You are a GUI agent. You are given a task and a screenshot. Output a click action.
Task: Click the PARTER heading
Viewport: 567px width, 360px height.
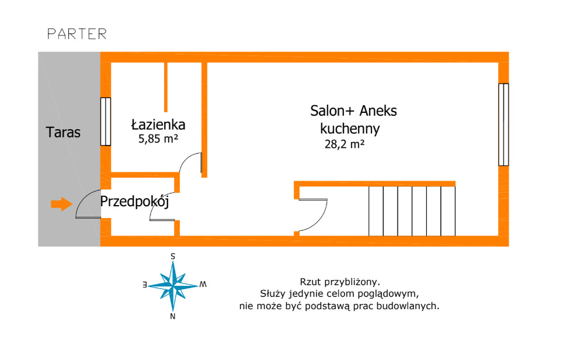pos(77,34)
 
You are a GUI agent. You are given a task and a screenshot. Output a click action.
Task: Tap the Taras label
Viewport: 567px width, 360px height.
pos(63,133)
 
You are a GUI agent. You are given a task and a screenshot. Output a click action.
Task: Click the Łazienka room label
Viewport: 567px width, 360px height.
pos(158,124)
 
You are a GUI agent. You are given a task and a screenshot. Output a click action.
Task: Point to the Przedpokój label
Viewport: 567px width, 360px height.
pos(134,202)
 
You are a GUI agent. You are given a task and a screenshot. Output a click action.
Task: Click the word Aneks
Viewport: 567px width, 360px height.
pos(378,111)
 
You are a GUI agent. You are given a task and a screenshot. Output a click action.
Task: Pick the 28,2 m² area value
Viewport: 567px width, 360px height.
pos(345,144)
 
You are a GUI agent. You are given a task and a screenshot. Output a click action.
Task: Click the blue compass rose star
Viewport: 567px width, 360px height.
pos(173,284)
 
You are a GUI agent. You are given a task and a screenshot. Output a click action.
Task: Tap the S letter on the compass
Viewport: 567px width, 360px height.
pos(173,256)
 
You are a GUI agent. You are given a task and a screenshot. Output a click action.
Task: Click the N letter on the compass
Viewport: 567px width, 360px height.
pos(173,316)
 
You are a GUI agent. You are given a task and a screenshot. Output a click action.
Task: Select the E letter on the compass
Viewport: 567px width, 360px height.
pos(144,285)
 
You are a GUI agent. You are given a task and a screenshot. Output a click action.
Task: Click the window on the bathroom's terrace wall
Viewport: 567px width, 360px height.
pos(106,122)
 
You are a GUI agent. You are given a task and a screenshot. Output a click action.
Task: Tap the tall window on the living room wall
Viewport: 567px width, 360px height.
pos(503,124)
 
